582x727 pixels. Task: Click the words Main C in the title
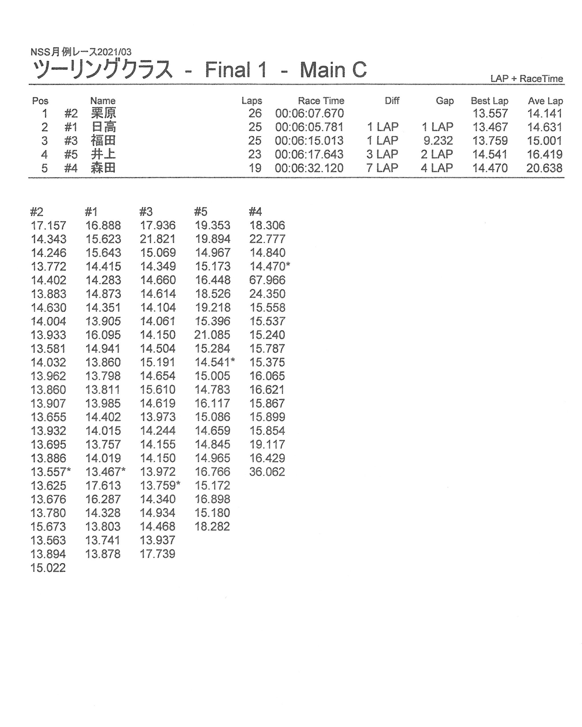(333, 70)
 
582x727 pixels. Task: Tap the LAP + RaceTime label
(526, 79)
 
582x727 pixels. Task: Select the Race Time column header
(321, 101)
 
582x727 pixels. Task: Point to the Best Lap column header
(489, 101)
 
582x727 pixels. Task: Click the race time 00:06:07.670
(309, 113)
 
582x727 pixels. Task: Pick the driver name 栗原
(103, 113)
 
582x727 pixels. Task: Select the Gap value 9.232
(438, 140)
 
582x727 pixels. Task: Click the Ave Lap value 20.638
(544, 168)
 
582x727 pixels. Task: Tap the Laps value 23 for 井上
(255, 154)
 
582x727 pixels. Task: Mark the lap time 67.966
(267, 280)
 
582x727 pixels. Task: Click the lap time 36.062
(267, 472)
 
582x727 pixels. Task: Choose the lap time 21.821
(158, 239)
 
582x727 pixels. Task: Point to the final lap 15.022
(48, 568)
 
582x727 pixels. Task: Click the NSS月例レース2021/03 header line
(81, 52)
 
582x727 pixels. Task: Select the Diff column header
(392, 101)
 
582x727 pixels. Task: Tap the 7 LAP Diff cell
(382, 168)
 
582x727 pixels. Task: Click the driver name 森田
(103, 168)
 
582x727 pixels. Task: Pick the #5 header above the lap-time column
(200, 212)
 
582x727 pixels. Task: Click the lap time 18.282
(212, 526)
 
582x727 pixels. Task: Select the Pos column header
(40, 101)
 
